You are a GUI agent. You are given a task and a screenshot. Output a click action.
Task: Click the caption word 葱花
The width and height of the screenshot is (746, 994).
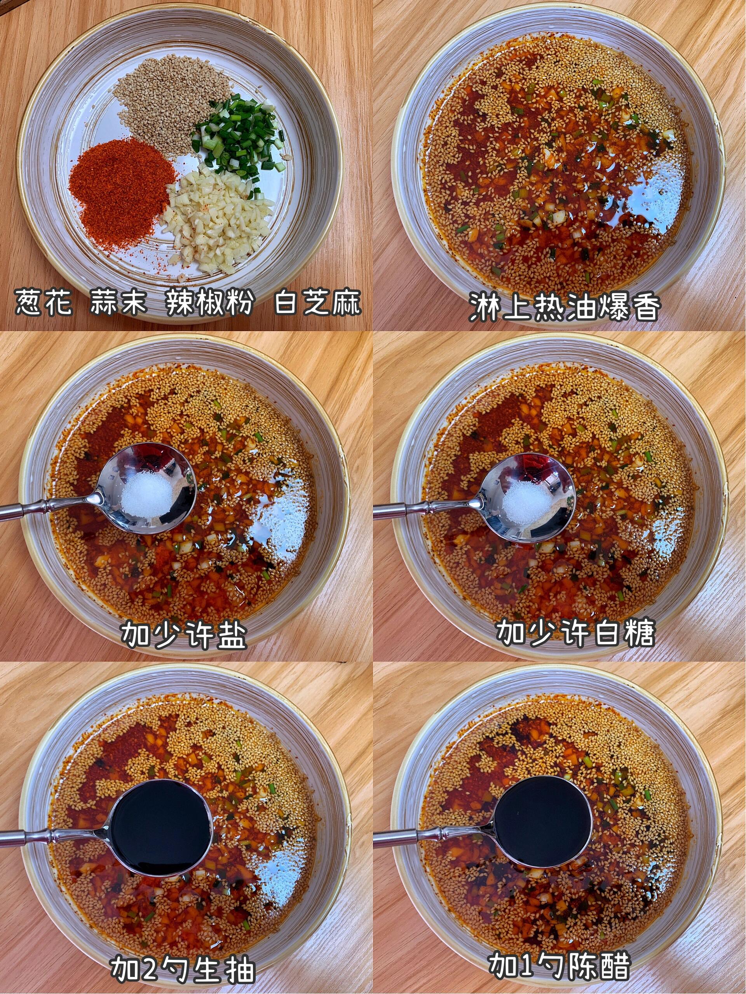(x=43, y=302)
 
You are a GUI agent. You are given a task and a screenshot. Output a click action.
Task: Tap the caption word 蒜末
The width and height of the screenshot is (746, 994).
(x=118, y=302)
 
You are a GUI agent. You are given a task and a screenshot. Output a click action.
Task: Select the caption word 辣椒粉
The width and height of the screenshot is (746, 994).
(x=210, y=302)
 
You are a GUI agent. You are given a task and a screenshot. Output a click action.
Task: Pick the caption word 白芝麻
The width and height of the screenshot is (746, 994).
(x=317, y=302)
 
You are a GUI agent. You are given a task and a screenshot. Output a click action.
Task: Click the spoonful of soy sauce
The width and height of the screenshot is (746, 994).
(x=160, y=827)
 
